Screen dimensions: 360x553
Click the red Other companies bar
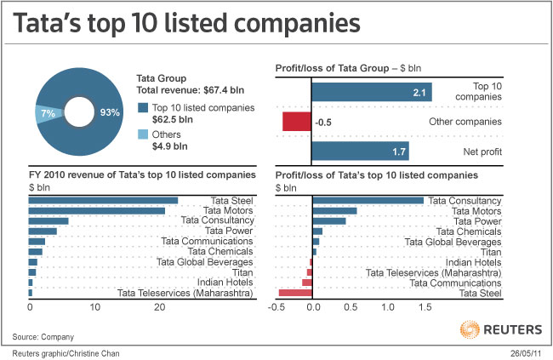pyautogui.click(x=297, y=122)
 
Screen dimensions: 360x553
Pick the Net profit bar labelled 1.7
pyautogui.click(x=360, y=151)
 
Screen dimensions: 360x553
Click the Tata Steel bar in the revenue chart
pyautogui.click(x=103, y=201)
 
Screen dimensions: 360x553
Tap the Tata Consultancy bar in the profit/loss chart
pyautogui.click(x=368, y=201)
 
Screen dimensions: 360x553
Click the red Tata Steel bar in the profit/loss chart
pyautogui.click(x=295, y=293)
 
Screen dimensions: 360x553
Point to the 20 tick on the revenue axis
pyautogui.click(x=159, y=307)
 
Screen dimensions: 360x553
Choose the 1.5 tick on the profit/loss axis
pyautogui.click(x=423, y=307)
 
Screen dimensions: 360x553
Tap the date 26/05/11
pyautogui.click(x=525, y=352)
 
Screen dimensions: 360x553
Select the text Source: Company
pyautogui.click(x=49, y=334)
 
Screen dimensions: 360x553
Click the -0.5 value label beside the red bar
pyautogui.click(x=322, y=123)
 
